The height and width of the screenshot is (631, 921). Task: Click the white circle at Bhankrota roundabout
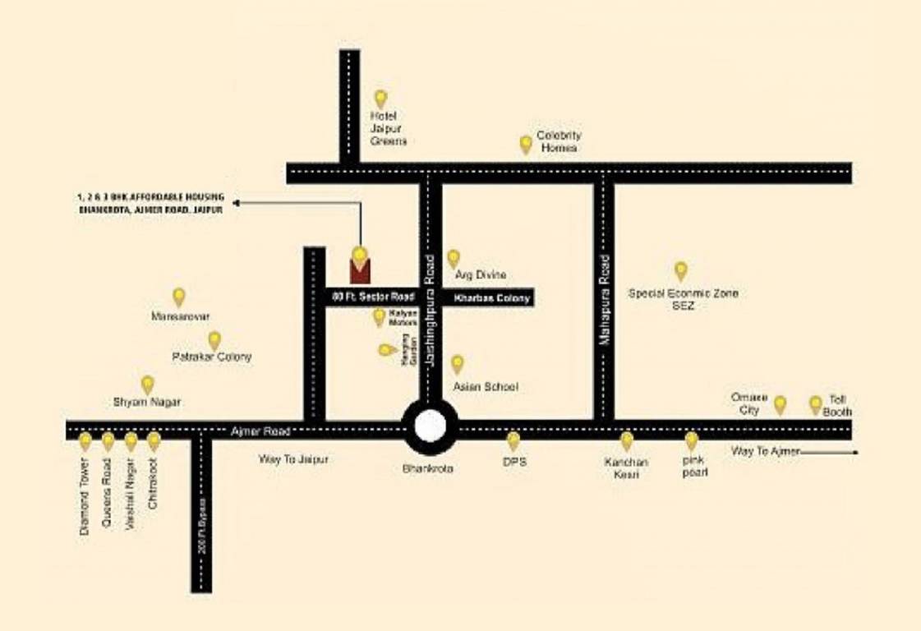coord(431,426)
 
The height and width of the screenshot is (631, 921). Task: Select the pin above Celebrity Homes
coord(526,145)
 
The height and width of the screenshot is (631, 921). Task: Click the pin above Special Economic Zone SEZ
coord(680,270)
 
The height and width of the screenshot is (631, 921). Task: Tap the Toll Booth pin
coord(815,403)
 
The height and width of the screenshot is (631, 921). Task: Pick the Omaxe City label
coord(749,403)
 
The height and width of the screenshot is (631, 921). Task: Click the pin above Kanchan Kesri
coord(627,441)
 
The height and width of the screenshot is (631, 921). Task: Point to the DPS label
coord(514,463)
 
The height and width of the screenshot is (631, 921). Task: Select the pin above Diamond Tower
coord(85,441)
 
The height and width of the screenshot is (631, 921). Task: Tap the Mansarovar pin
coord(178,297)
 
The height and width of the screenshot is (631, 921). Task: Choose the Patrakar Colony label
coord(212,357)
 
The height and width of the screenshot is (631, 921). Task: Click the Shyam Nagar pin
coord(148,384)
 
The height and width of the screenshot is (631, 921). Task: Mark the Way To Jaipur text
coord(293,460)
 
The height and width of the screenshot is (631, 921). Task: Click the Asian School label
coord(486,386)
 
